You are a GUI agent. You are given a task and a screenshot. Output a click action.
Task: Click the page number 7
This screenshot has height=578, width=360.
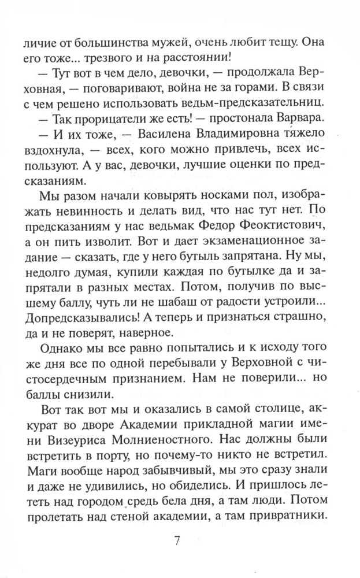(177, 542)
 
